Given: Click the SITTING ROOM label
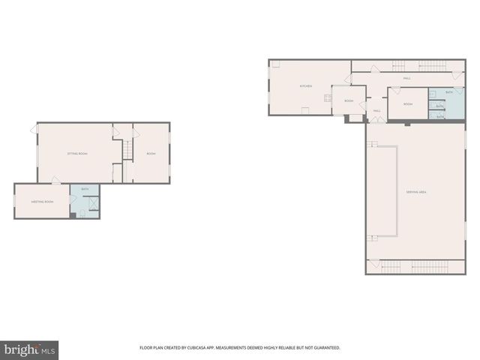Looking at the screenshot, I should (x=77, y=154).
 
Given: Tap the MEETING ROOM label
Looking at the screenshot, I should (x=42, y=202).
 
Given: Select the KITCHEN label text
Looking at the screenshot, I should (x=306, y=86).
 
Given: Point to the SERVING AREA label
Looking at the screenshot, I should (x=416, y=193).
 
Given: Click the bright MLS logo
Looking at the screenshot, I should (x=30, y=349).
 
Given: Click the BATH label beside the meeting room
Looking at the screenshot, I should (x=85, y=189).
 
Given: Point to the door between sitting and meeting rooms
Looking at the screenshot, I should (x=55, y=180).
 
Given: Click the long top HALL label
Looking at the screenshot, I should (x=406, y=78).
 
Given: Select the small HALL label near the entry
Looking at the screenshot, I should (x=376, y=111).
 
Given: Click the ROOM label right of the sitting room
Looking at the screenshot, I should (x=151, y=154).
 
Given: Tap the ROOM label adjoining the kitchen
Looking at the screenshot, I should (x=349, y=100).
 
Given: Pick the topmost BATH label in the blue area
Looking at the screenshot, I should (x=448, y=92).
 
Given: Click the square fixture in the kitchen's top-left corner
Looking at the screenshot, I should (x=275, y=64).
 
